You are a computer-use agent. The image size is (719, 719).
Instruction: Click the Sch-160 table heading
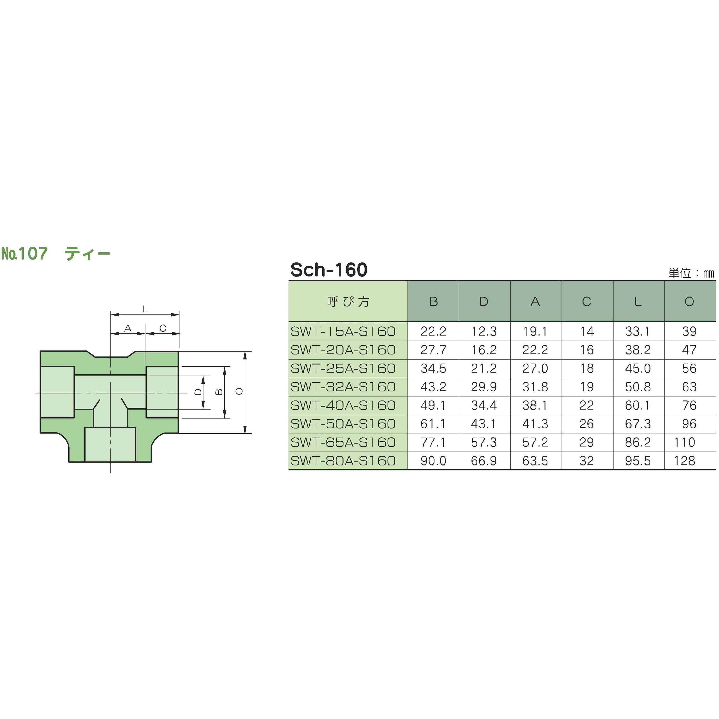pos(329,270)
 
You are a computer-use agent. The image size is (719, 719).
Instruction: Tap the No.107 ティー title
pos(56,254)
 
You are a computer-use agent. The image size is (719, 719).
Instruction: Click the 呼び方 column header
pos(348,302)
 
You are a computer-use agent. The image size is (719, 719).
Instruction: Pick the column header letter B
pos(433,302)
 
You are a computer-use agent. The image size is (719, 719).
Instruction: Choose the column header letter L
pos(638,302)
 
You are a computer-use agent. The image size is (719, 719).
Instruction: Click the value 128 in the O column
pos(685,461)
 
